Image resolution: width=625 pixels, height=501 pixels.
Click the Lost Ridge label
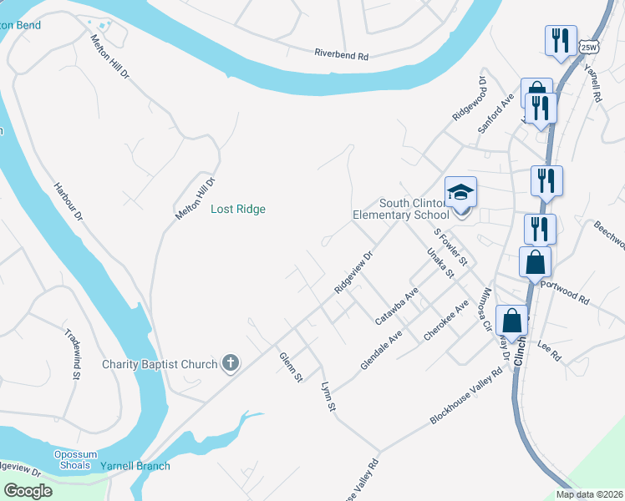pyautogui.click(x=238, y=210)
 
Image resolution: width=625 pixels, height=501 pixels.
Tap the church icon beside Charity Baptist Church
pyautogui.click(x=231, y=363)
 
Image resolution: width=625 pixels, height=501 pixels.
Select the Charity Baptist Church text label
pyautogui.click(x=160, y=364)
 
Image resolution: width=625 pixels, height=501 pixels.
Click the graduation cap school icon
pyautogui.click(x=460, y=193)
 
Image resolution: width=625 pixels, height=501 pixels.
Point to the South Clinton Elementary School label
pyautogui.click(x=414, y=209)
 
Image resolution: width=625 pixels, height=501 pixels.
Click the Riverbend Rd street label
pyautogui.click(x=341, y=55)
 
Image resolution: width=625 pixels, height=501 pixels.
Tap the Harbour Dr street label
pyautogui.click(x=69, y=202)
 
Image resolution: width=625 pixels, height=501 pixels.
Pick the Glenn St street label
pyautogui.click(x=291, y=367)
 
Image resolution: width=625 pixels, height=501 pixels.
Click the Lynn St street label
pyautogui.click(x=328, y=397)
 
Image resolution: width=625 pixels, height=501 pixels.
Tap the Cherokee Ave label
pyautogui.click(x=445, y=320)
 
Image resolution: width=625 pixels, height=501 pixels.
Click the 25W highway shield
pyautogui.click(x=589, y=47)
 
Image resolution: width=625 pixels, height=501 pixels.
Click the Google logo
pyautogui.click(x=28, y=491)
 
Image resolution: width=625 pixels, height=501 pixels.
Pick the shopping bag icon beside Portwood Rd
pyautogui.click(x=535, y=262)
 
